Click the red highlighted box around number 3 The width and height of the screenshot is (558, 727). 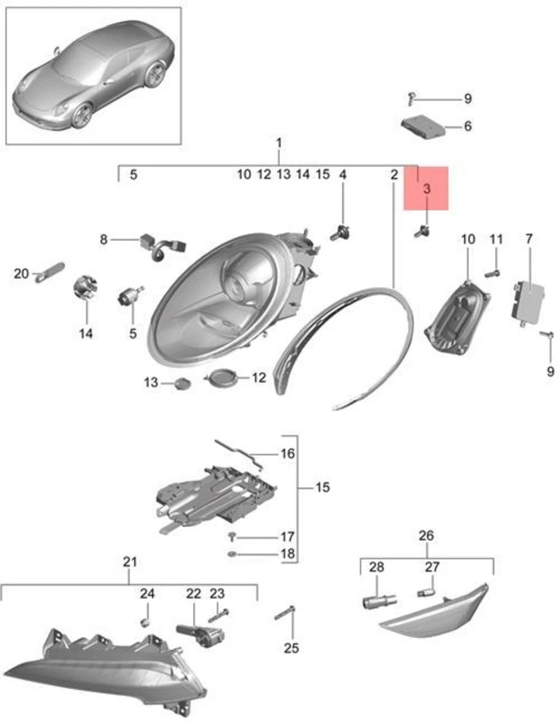(426, 189)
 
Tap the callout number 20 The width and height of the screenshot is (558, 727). (20, 273)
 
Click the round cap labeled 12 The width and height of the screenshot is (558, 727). (223, 376)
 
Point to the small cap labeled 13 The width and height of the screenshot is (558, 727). (181, 382)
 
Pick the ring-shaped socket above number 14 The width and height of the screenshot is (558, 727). (85, 289)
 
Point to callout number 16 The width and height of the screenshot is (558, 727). (287, 454)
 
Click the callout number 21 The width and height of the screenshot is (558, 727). (129, 562)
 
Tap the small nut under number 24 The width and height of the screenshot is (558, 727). (146, 622)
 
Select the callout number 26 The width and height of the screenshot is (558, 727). (426, 536)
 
